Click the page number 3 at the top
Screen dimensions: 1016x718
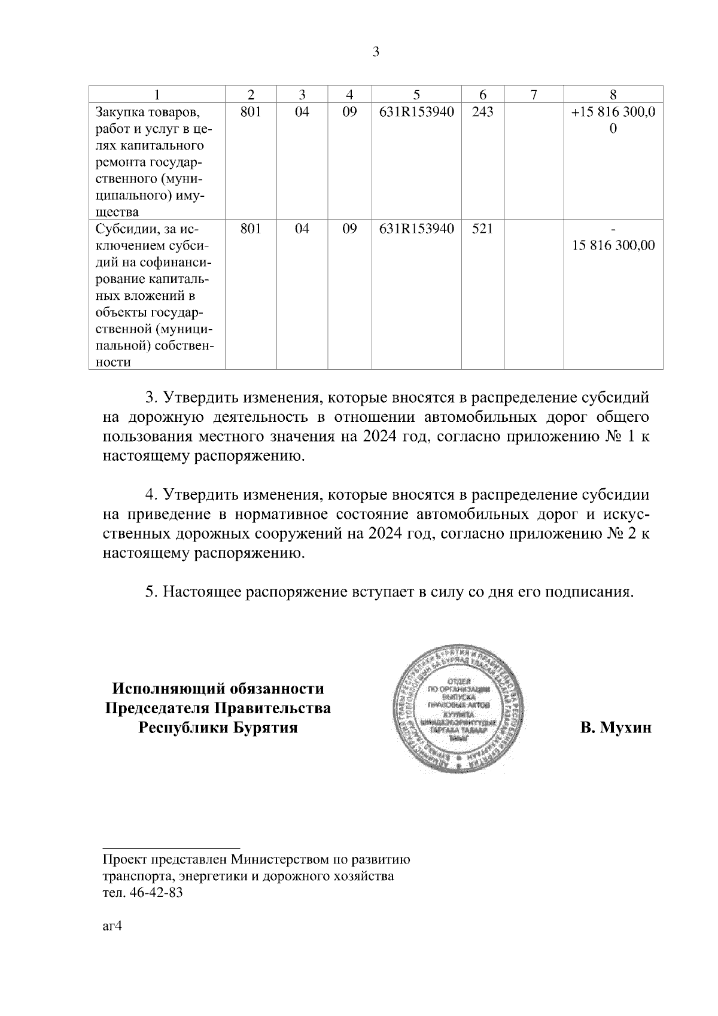click(x=376, y=52)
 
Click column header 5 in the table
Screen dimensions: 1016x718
click(x=416, y=95)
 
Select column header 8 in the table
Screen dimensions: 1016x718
click(x=613, y=95)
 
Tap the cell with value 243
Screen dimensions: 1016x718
click(x=482, y=112)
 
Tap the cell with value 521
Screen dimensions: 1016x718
click(x=482, y=229)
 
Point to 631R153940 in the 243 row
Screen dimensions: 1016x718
click(x=416, y=112)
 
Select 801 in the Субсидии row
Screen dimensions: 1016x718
click(x=250, y=229)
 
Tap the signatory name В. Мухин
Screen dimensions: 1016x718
click(x=615, y=728)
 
